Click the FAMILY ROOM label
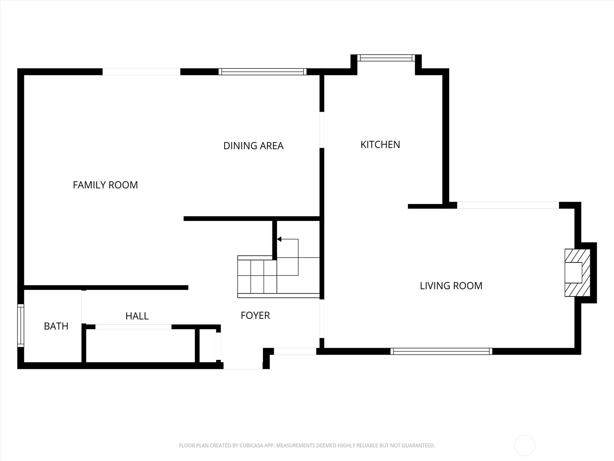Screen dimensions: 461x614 pyautogui.click(x=105, y=185)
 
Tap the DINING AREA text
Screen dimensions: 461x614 pyautogui.click(x=253, y=146)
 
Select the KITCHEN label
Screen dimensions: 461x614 pyautogui.click(x=380, y=144)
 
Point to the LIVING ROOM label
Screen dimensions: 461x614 pyautogui.click(x=451, y=285)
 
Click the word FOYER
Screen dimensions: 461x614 pyautogui.click(x=255, y=315)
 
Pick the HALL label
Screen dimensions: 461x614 pyautogui.click(x=137, y=316)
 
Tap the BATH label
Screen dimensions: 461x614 pyautogui.click(x=56, y=326)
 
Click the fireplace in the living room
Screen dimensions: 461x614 pyautogui.click(x=577, y=273)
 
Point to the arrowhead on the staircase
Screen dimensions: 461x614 pyautogui.click(x=279, y=239)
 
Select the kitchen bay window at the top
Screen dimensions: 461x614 pyautogui.click(x=386, y=58)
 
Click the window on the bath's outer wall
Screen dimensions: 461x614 pyautogui.click(x=21, y=326)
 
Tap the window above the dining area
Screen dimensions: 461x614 pyautogui.click(x=262, y=71)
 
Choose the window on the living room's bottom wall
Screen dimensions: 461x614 pyautogui.click(x=441, y=351)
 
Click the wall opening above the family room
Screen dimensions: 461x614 pyautogui.click(x=141, y=71)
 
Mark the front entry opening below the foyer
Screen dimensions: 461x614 pyautogui.click(x=243, y=366)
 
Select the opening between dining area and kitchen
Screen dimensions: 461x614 pyautogui.click(x=322, y=130)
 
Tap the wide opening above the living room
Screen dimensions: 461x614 pyautogui.click(x=508, y=206)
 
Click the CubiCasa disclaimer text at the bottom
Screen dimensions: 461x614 pyautogui.click(x=307, y=446)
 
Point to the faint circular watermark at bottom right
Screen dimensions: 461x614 pyautogui.click(x=525, y=446)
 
